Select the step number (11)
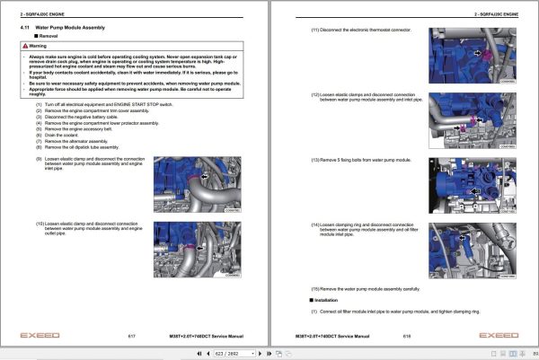(315, 30)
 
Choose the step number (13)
(315, 159)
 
